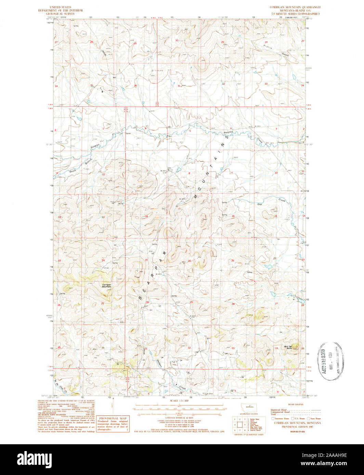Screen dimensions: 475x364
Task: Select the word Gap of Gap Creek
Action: pyautogui.click(x=260, y=204)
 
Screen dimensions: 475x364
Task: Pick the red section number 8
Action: pyautogui.click(x=189, y=173)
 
